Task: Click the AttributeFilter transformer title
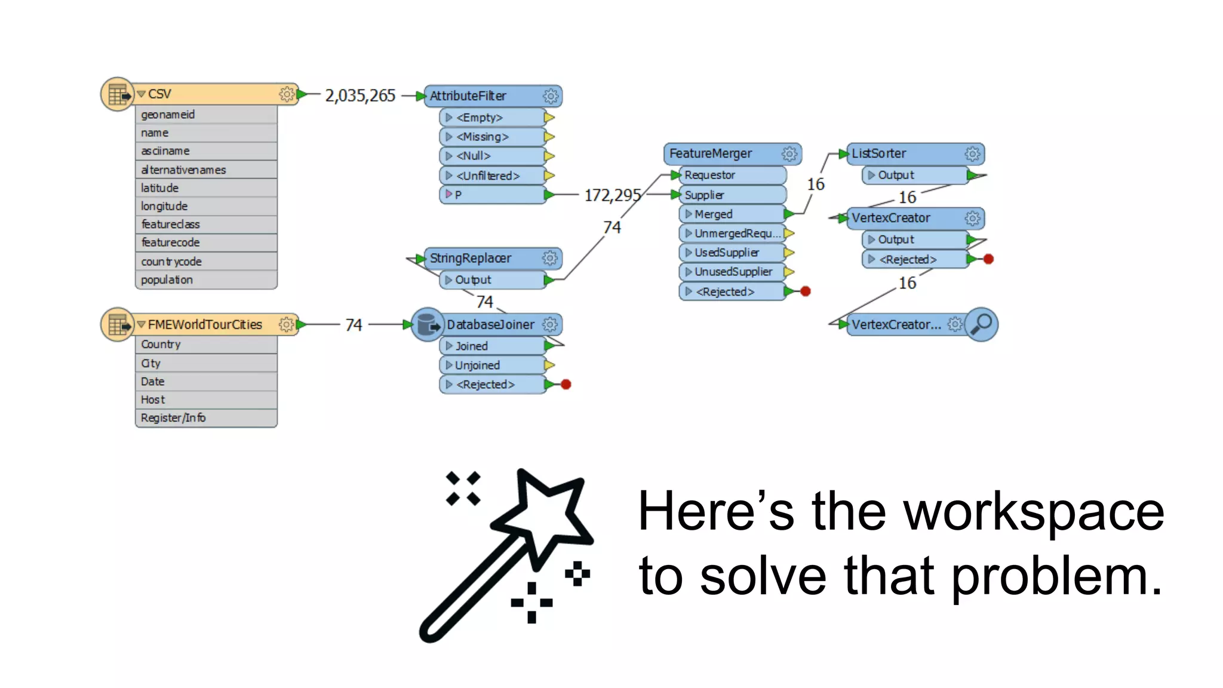[468, 96]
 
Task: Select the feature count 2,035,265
[360, 96]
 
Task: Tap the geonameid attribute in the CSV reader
[168, 115]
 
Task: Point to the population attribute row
[167, 280]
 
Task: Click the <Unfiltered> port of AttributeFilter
[488, 176]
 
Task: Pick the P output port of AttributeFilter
[458, 195]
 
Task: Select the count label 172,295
[612, 195]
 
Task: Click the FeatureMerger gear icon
[789, 154]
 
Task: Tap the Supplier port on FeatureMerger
[704, 195]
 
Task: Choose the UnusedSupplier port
[733, 272]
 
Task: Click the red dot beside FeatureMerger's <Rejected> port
[806, 291]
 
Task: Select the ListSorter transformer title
[878, 154]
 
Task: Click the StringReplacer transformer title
[471, 259]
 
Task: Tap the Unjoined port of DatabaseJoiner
[477, 365]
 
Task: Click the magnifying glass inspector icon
[982, 324]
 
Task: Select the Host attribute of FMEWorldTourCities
[153, 400]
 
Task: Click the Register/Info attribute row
[173, 418]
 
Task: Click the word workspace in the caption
[1033, 512]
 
